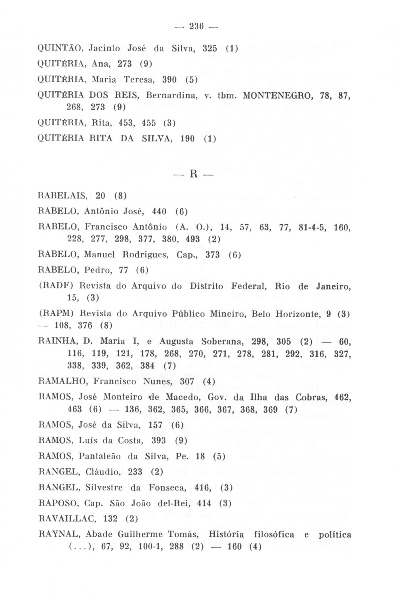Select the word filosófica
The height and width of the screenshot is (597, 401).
pyautogui.click(x=273, y=534)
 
